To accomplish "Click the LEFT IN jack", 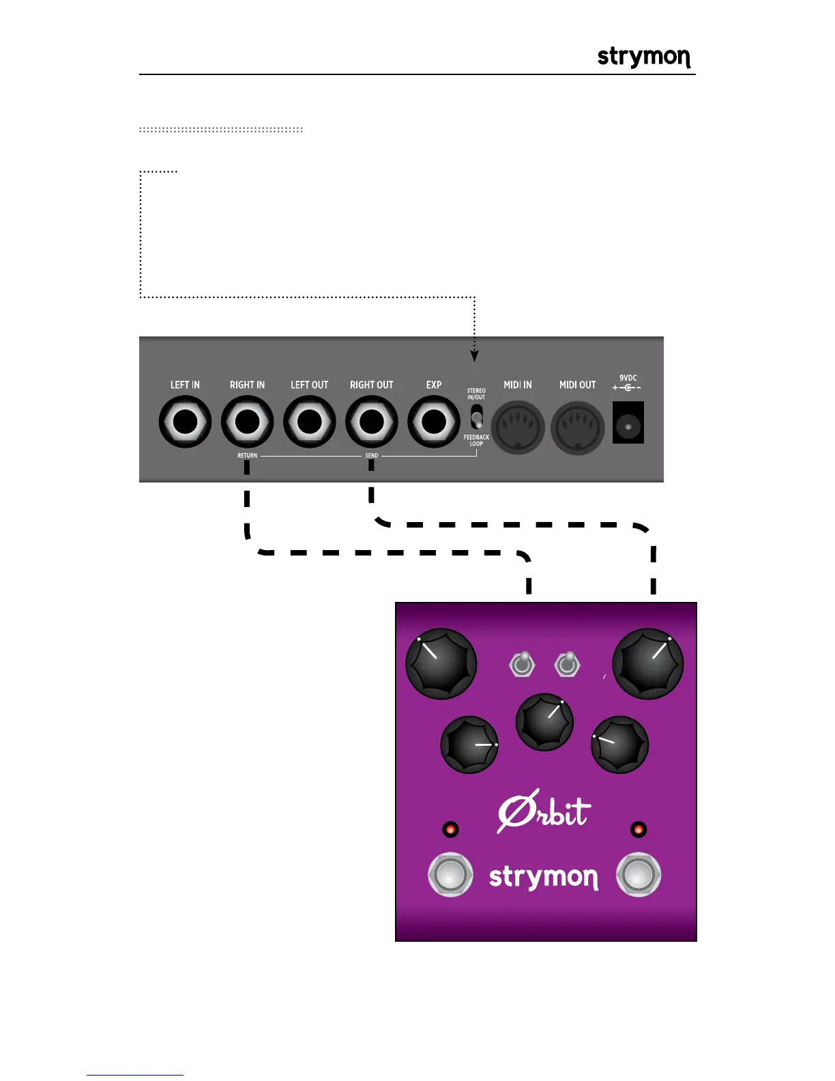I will point(185,422).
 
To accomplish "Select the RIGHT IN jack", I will point(247,422).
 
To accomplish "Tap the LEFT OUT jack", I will point(310,422).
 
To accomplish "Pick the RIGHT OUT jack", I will point(372,422).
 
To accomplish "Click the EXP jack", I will point(434,422).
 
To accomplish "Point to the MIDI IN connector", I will point(518,427).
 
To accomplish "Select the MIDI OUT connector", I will point(578,427).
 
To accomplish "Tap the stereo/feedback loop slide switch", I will point(477,417).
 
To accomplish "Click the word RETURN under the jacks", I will point(247,455).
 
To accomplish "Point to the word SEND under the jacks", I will point(371,455).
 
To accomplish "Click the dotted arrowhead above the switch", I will point(475,356).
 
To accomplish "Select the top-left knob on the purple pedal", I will point(441,663).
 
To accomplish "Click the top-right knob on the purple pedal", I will point(647,663).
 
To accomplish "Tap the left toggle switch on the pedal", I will point(522,663).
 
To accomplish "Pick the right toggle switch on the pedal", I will point(567,663).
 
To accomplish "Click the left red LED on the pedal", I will point(450,830).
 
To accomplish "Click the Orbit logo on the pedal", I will point(544,812).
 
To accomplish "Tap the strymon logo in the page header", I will point(643,57).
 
